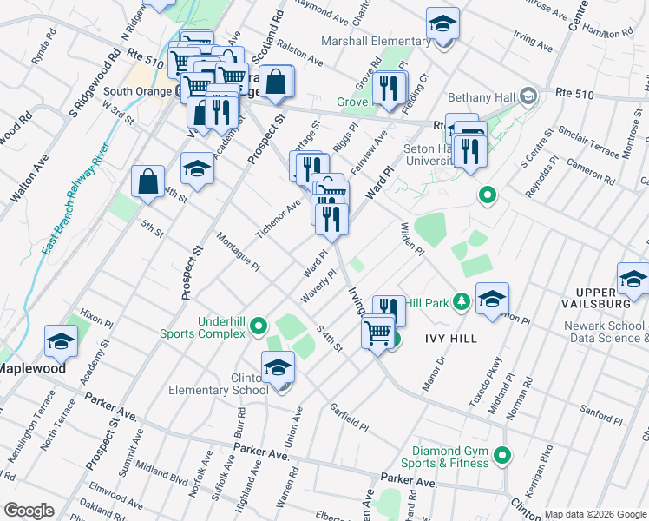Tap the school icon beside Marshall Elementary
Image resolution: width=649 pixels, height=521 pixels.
point(442,25)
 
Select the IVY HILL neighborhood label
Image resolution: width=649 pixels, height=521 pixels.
point(451,338)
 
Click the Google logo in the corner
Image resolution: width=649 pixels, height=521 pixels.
point(29,510)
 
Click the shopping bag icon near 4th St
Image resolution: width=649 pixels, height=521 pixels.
point(148,182)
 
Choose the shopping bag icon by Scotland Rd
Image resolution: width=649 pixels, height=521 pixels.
point(275,83)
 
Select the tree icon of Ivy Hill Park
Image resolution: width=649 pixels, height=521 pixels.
point(462,302)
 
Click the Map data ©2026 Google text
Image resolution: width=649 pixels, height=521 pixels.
point(594,513)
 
